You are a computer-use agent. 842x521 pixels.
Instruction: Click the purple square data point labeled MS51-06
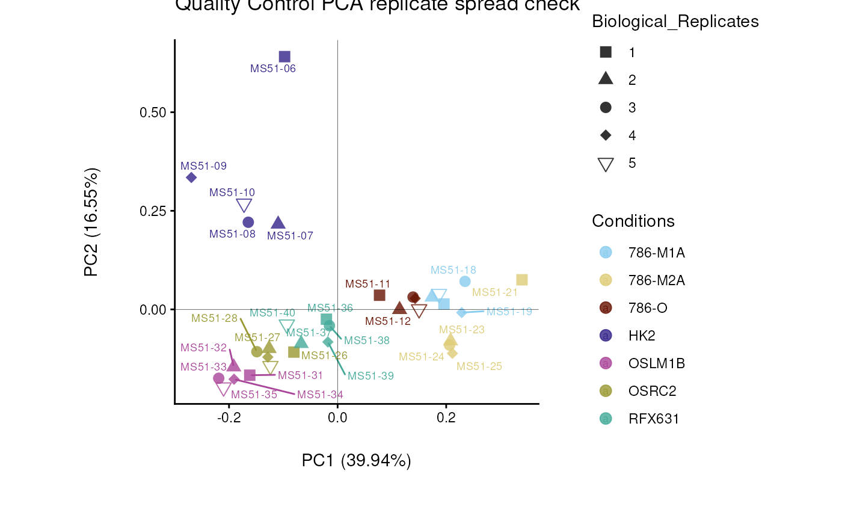[x=284, y=57]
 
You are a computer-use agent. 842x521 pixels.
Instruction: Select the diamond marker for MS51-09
[x=191, y=177]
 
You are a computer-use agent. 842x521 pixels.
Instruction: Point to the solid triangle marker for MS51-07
[x=278, y=223]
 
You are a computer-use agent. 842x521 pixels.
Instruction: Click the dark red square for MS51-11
[x=380, y=295]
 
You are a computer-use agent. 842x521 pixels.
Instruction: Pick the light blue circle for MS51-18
[x=465, y=282]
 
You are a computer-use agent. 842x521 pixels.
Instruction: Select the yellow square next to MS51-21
[x=522, y=280]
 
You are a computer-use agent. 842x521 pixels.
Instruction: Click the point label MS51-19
[x=509, y=312]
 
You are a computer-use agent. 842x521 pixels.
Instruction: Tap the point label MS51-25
[x=479, y=366]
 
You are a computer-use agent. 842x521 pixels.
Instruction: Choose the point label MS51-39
[x=370, y=376]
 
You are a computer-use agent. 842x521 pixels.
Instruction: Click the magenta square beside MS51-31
[x=250, y=375]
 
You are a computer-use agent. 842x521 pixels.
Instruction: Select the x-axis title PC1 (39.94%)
[x=356, y=461]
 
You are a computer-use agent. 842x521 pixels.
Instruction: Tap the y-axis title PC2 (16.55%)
[x=91, y=222]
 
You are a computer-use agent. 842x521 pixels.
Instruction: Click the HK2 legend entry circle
[x=606, y=336]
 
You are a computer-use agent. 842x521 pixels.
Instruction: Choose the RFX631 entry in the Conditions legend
[x=653, y=419]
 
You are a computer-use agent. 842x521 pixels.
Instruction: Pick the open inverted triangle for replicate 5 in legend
[x=606, y=164]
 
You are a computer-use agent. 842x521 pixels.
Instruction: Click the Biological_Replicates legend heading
[x=675, y=22]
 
